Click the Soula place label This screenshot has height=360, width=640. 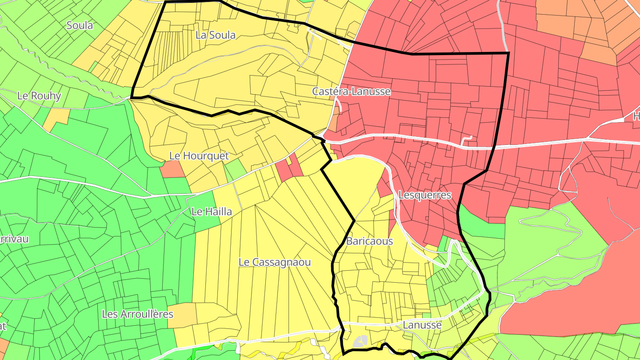point(80,25)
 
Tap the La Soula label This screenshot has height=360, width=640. point(216,35)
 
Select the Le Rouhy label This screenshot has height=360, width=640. point(39,96)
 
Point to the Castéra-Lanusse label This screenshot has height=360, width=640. point(351,92)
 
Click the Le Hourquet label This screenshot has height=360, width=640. point(199,156)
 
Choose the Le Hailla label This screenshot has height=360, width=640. point(212,212)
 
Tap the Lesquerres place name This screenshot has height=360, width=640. point(425,195)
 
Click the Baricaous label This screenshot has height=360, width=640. point(369,241)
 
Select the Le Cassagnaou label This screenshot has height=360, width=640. point(275,262)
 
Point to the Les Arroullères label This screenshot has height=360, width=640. point(137,314)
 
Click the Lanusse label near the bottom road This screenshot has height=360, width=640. point(422,325)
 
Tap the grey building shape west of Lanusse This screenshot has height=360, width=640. point(360,341)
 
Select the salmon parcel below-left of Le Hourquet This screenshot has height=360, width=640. point(172,169)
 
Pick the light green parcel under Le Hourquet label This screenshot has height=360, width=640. point(236,169)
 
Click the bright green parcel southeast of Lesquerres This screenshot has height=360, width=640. point(482,222)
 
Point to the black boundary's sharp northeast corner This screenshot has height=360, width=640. point(508,53)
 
